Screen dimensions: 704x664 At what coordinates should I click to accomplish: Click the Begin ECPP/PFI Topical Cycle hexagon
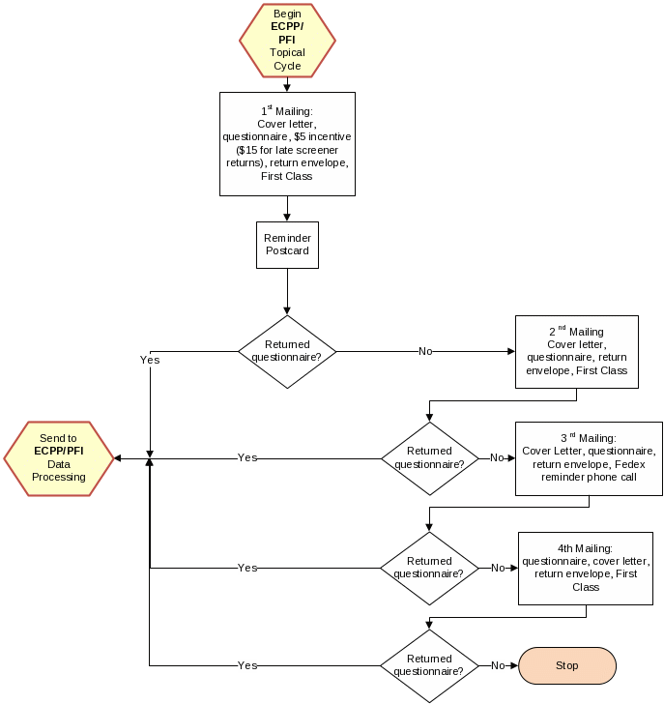click(287, 40)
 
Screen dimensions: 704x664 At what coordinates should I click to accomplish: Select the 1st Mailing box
click(287, 143)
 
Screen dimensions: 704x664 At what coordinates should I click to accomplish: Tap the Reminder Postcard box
click(287, 245)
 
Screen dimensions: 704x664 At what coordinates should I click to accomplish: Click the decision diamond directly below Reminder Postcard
click(287, 351)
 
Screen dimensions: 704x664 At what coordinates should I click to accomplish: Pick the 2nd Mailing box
click(576, 351)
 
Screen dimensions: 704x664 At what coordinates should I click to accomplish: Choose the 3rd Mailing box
click(589, 456)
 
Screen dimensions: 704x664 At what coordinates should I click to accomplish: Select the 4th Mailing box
click(586, 568)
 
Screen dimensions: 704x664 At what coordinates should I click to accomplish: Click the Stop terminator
click(567, 665)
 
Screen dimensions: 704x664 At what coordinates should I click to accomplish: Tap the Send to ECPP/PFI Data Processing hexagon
click(59, 458)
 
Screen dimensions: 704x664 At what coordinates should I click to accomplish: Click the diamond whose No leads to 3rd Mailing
click(429, 457)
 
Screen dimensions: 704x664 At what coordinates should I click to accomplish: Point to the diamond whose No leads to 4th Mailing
click(429, 568)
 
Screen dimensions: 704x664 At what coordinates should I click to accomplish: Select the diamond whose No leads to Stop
click(429, 665)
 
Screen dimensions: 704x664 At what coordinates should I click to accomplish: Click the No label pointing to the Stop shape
click(498, 665)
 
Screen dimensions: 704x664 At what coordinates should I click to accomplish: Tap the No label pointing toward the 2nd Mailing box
click(425, 351)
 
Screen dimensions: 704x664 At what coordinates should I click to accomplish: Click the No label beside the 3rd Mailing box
click(497, 457)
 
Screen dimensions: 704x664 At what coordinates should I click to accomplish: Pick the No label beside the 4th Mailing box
click(498, 568)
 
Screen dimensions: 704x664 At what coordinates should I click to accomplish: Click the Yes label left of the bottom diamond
click(247, 665)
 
